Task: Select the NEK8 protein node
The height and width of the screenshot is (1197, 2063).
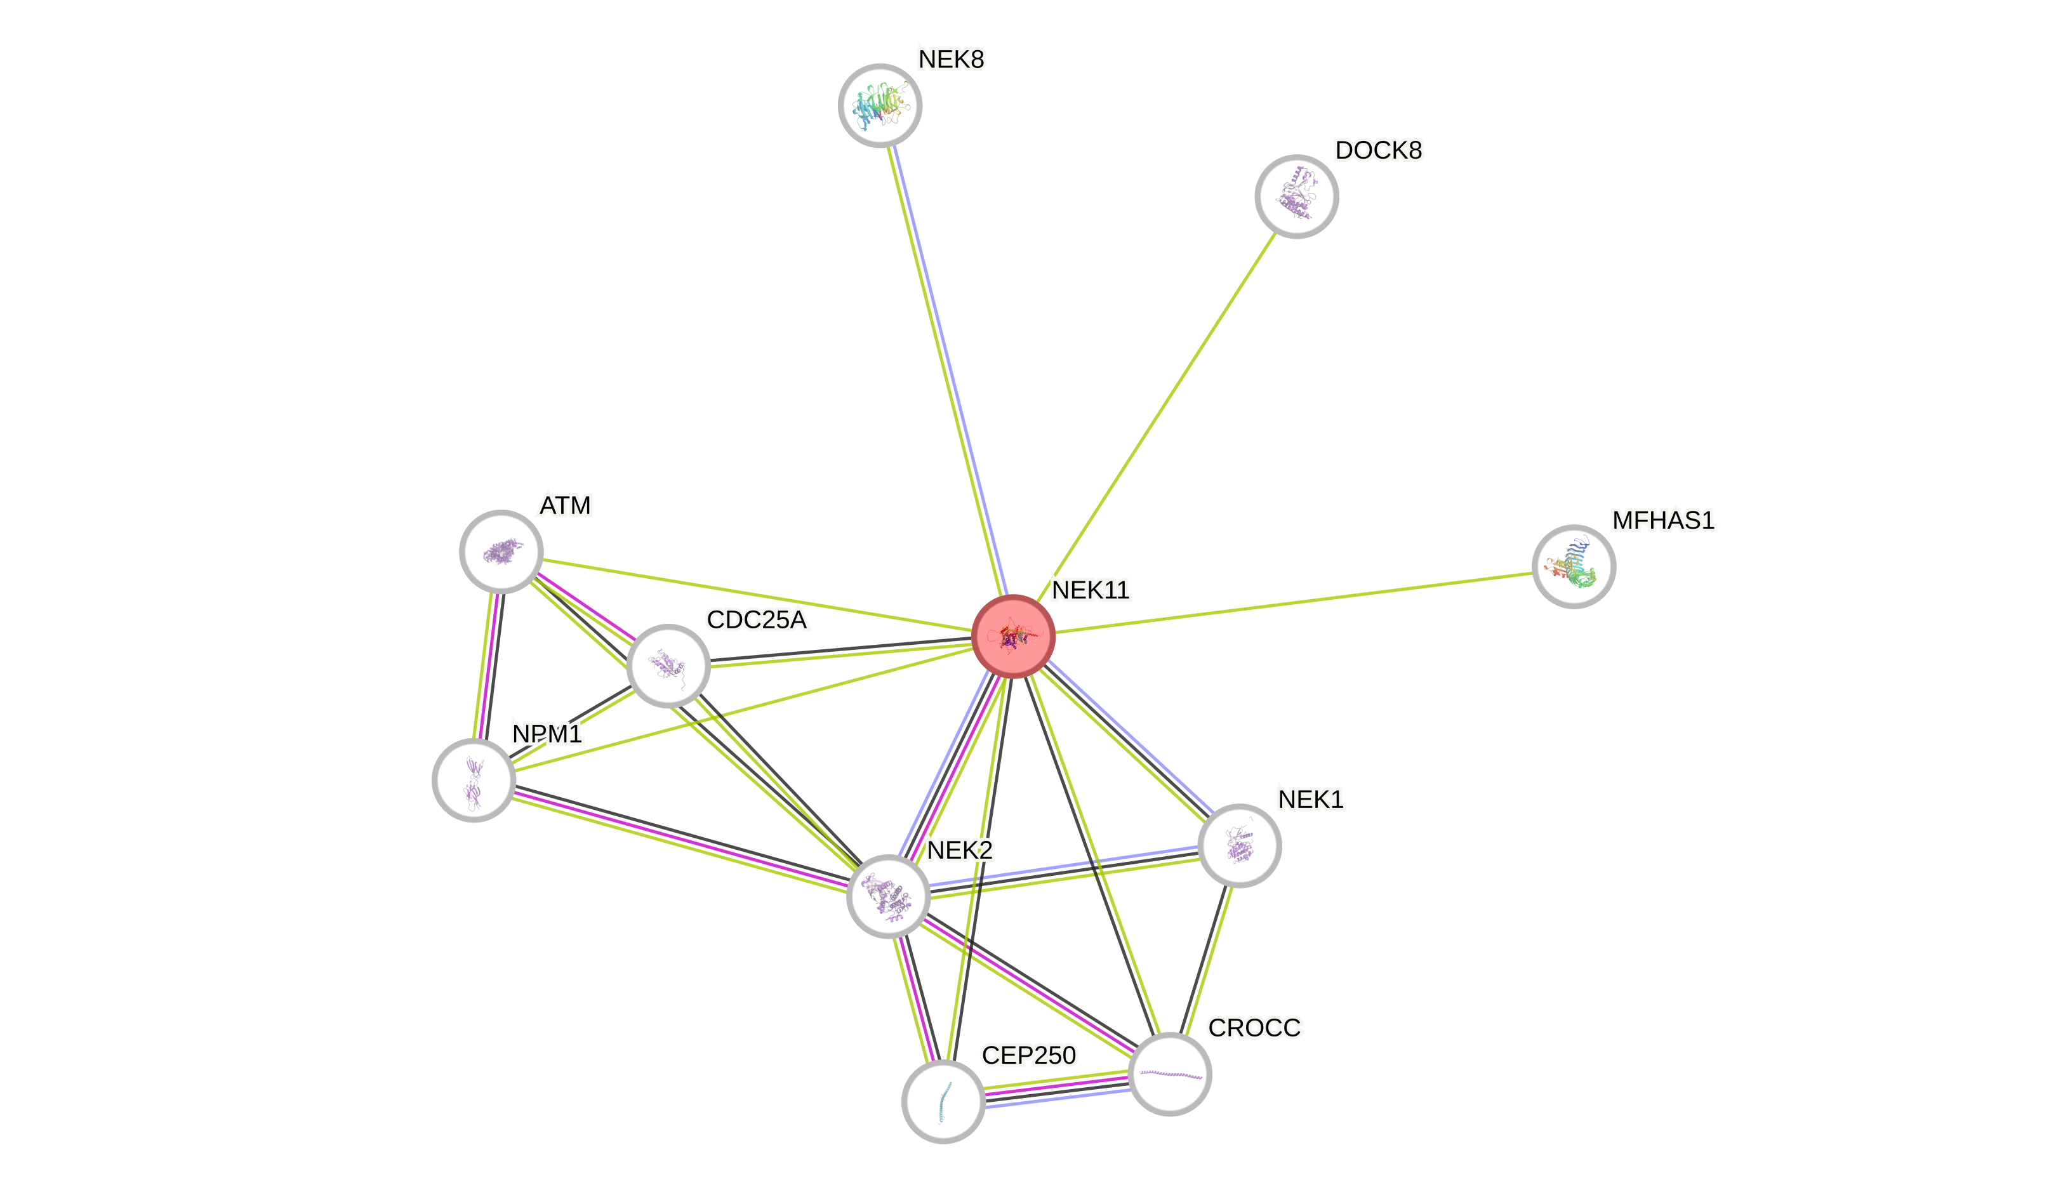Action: [x=880, y=105]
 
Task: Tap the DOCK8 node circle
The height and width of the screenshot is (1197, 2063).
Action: [x=1296, y=197]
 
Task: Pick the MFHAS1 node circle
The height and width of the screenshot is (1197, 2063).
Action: [x=1574, y=567]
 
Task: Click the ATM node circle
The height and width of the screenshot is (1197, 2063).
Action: [x=501, y=552]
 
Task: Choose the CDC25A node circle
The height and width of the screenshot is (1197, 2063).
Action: [x=668, y=666]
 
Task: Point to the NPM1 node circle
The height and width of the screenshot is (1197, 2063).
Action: [x=474, y=780]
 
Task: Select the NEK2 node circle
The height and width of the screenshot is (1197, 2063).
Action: [x=888, y=896]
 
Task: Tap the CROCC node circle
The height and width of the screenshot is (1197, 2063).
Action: [x=1170, y=1074]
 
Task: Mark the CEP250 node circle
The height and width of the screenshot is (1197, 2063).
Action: [x=943, y=1101]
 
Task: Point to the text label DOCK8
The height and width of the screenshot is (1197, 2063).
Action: [x=1379, y=150]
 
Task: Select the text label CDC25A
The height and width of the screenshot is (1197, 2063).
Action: [x=757, y=620]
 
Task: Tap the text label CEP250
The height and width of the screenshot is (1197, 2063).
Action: [x=1029, y=1055]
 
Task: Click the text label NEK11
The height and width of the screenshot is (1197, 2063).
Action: [x=1091, y=590]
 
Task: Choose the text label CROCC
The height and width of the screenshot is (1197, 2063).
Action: [x=1254, y=1028]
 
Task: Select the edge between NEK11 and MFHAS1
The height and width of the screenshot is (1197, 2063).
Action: [x=1294, y=602]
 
